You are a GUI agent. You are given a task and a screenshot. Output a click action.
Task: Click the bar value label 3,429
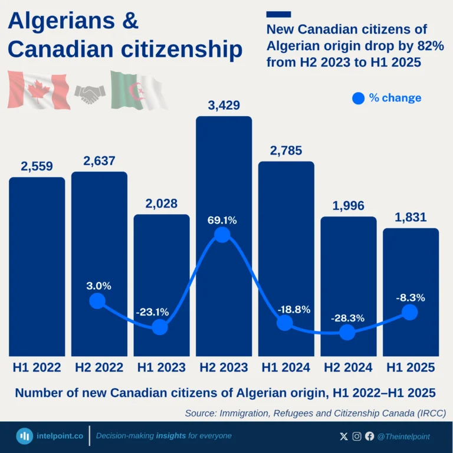(x=224, y=107)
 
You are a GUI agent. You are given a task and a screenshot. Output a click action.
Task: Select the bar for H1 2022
(x=37, y=265)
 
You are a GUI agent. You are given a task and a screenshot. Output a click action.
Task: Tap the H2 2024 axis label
(x=348, y=367)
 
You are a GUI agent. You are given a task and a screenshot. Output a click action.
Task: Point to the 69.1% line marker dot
(x=222, y=235)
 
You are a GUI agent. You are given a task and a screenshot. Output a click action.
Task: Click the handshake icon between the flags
(x=90, y=93)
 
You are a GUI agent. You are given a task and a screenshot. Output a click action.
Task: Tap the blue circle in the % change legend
(x=358, y=99)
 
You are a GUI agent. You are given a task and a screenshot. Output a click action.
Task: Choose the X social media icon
(x=344, y=436)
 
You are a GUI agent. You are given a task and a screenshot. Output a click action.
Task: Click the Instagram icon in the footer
(x=357, y=436)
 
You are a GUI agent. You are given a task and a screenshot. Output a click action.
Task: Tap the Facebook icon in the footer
(x=369, y=436)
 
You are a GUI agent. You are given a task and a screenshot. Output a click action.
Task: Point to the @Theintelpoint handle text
(x=403, y=436)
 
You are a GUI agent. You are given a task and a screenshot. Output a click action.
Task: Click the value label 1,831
(x=411, y=218)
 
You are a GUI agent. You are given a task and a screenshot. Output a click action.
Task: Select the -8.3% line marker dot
(x=409, y=313)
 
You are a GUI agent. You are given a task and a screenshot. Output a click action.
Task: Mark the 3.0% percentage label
(x=99, y=286)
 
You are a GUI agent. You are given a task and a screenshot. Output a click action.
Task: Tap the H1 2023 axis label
(x=161, y=367)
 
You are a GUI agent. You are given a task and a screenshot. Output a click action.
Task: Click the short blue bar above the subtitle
(x=278, y=14)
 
